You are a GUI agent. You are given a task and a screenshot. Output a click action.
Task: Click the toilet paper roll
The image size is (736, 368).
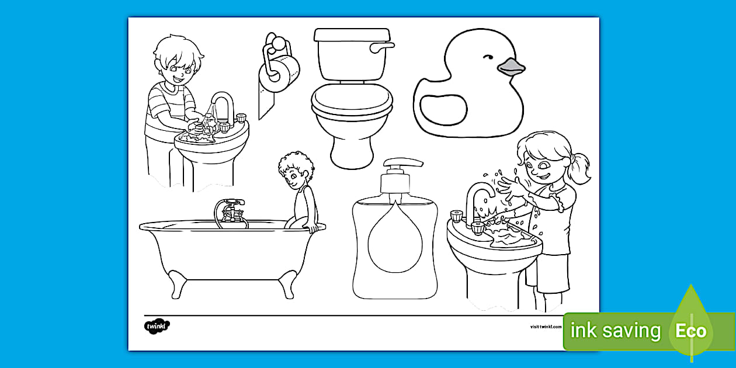click(279, 74)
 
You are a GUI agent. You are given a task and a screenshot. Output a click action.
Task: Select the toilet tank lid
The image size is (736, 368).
click(352, 34)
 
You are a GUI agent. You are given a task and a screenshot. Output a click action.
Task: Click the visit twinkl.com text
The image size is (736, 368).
click(546, 327)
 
